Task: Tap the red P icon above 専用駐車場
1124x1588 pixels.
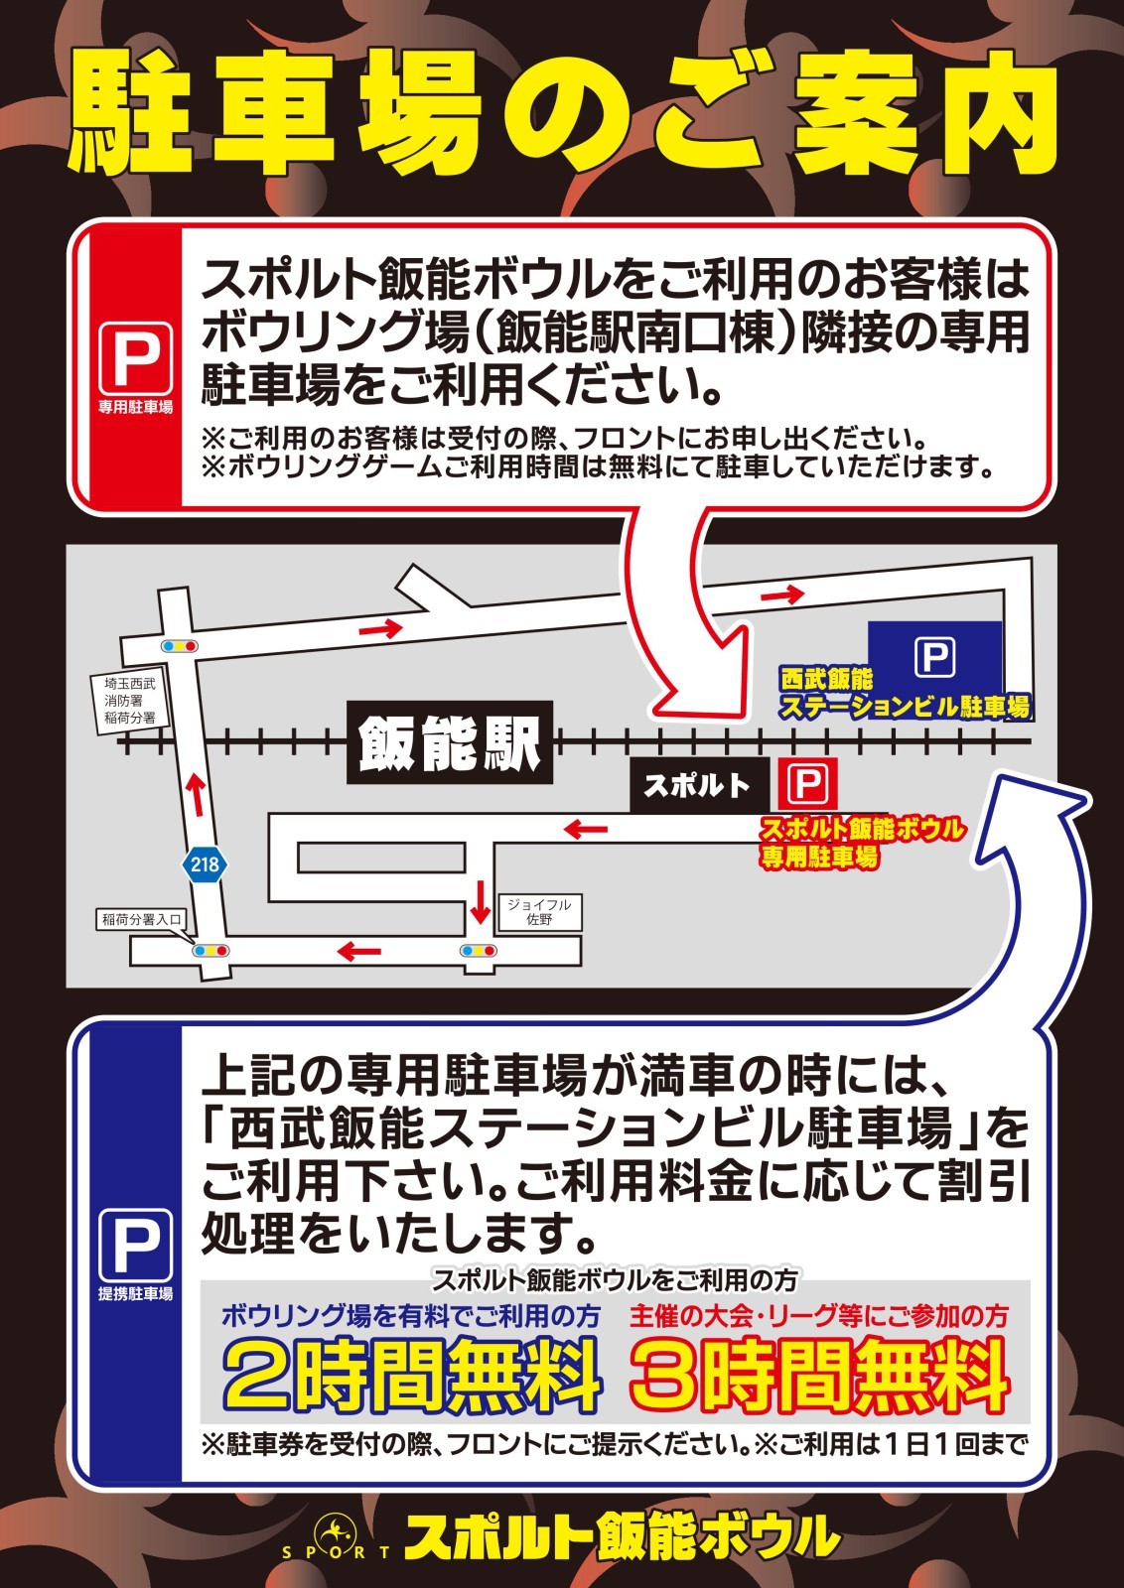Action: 135,358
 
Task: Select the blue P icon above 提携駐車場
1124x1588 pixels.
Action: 135,1246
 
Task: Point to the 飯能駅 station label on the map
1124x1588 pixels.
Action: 450,742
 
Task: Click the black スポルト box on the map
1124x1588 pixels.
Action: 699,785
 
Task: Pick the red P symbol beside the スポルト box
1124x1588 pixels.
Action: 807,783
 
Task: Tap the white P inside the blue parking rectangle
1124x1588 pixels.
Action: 934,657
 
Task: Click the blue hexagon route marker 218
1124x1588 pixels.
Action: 205,864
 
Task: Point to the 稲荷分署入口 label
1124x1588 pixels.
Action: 141,919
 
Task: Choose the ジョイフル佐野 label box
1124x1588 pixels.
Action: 539,912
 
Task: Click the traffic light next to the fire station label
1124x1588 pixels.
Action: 180,646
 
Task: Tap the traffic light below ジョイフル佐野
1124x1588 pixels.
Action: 478,951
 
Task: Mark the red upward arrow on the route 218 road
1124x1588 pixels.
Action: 198,794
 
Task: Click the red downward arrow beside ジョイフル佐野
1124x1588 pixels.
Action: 481,902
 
